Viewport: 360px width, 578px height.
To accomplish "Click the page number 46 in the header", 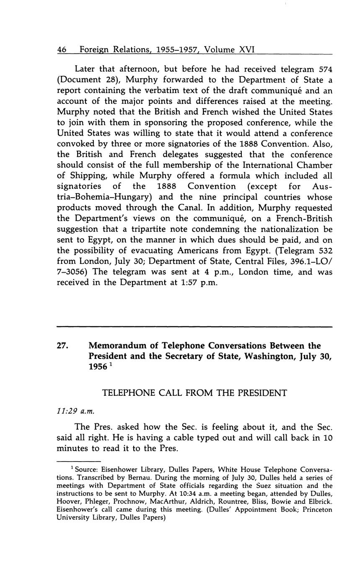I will [62, 50].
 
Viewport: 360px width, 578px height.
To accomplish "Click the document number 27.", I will [63, 346].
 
